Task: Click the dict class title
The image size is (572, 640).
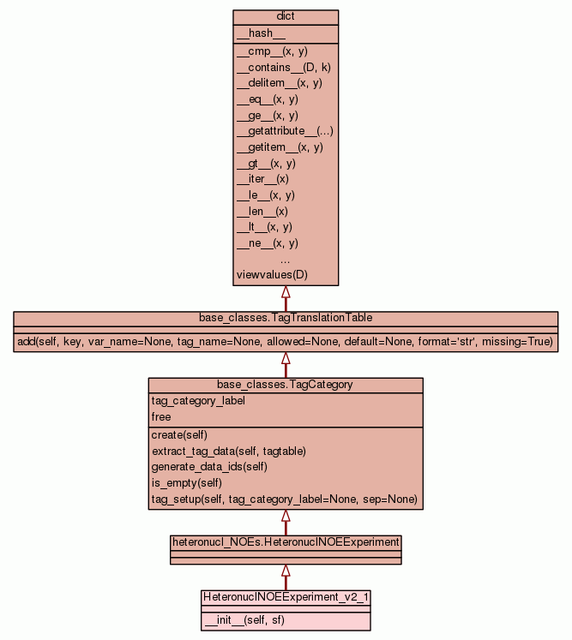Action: (x=286, y=17)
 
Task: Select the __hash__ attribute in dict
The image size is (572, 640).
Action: (x=255, y=34)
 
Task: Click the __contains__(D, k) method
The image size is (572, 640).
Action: (x=278, y=67)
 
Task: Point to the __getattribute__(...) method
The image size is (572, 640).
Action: (x=285, y=131)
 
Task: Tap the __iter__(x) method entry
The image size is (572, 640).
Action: (x=262, y=179)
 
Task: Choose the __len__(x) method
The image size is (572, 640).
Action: (x=262, y=211)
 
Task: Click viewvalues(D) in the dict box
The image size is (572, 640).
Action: (x=271, y=275)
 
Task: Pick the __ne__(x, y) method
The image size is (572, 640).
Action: (x=267, y=243)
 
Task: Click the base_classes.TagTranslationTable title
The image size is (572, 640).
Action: (x=286, y=318)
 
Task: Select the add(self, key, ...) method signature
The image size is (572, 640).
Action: (x=286, y=342)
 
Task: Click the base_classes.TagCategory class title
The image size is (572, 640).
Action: (x=285, y=385)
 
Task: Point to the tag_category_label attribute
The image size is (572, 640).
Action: (x=194, y=401)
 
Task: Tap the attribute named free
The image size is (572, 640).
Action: (x=161, y=417)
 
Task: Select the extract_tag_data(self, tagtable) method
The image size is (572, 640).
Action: (x=228, y=451)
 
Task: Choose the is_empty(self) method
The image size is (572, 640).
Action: (x=184, y=482)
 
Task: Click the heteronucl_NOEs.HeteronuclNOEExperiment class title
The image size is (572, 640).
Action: (x=286, y=542)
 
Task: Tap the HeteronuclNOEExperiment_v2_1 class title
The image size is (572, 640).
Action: (x=286, y=596)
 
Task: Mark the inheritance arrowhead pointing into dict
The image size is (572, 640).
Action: (x=286, y=291)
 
